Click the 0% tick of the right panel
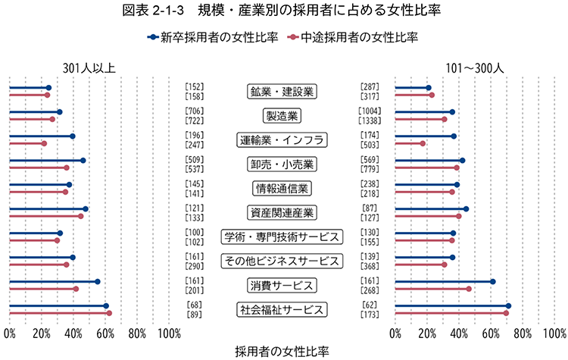coord(395,333)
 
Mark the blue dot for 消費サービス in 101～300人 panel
coord(492,281)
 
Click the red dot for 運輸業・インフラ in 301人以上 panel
coord(44,143)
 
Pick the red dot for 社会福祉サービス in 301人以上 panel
coord(109,313)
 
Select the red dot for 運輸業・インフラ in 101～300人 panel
coord(423,143)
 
